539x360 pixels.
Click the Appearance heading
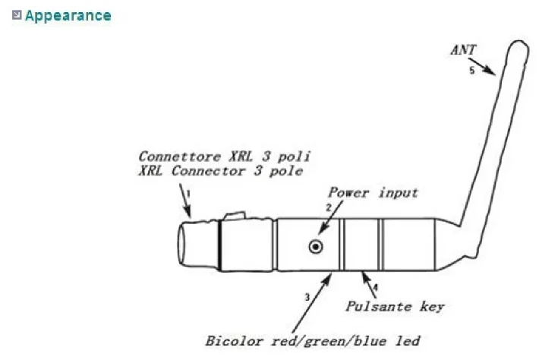[68, 15]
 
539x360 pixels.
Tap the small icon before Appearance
[17, 14]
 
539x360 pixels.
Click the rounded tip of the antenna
[517, 47]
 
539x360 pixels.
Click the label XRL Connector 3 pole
[220, 171]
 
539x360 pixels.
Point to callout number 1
[188, 194]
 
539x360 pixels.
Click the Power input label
[373, 192]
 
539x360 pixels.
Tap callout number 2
[329, 207]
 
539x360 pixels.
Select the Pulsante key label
[394, 307]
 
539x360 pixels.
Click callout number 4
[374, 289]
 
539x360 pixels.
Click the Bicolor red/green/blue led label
[312, 340]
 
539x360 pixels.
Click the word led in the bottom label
[406, 340]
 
